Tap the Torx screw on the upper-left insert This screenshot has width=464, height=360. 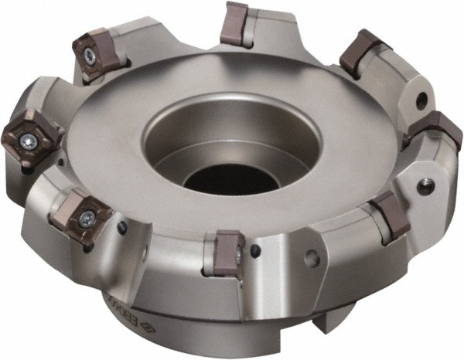90,55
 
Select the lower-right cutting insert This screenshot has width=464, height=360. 389,216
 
